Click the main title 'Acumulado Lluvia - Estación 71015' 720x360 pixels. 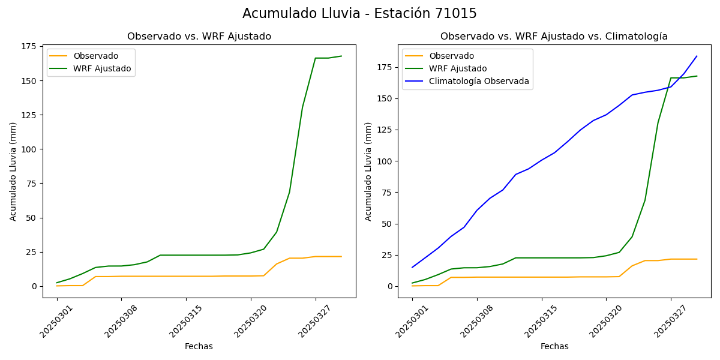pos(359,14)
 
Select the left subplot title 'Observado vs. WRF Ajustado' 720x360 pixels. pos(199,37)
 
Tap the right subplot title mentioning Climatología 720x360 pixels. pos(554,37)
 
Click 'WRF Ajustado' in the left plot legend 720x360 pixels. pos(102,68)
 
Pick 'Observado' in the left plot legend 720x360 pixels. pos(96,56)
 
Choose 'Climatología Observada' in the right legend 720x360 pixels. pos(479,81)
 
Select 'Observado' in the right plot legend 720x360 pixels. pos(451,56)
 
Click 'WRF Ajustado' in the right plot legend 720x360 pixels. pos(457,68)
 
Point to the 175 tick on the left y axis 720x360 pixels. pos(29,46)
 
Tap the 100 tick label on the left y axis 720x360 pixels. pos(29,149)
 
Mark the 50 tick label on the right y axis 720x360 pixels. pos(386,224)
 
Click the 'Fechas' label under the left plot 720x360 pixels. pos(199,347)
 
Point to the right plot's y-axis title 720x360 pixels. pos(368,172)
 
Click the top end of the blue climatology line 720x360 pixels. pos(697,56)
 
